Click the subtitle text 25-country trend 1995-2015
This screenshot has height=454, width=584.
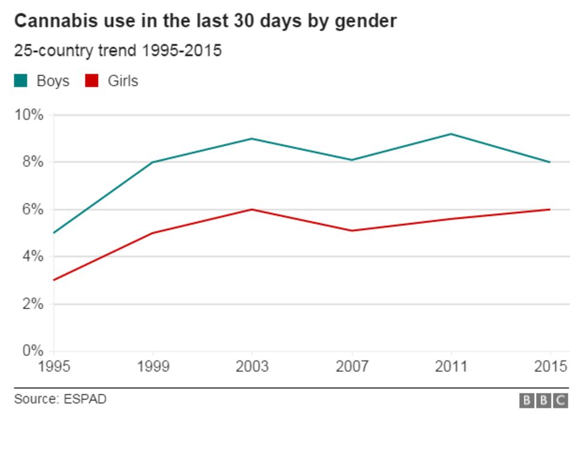[118, 51]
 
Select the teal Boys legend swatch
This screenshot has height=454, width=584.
[21, 80]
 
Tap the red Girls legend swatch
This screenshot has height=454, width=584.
[92, 80]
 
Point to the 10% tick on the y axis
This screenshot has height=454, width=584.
[29, 114]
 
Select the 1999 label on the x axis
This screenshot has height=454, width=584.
[153, 367]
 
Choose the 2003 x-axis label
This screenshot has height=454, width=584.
[252, 367]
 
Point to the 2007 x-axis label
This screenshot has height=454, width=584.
[351, 367]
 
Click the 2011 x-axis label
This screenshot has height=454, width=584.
[451, 367]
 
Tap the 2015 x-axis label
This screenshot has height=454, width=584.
[550, 367]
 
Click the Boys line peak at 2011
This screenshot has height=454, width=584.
[451, 134]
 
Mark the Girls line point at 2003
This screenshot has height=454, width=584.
[252, 209]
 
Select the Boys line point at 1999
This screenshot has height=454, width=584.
[153, 162]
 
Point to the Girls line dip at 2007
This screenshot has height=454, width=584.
[351, 231]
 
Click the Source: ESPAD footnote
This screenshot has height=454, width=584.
[60, 399]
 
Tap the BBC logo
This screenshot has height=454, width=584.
[543, 401]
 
